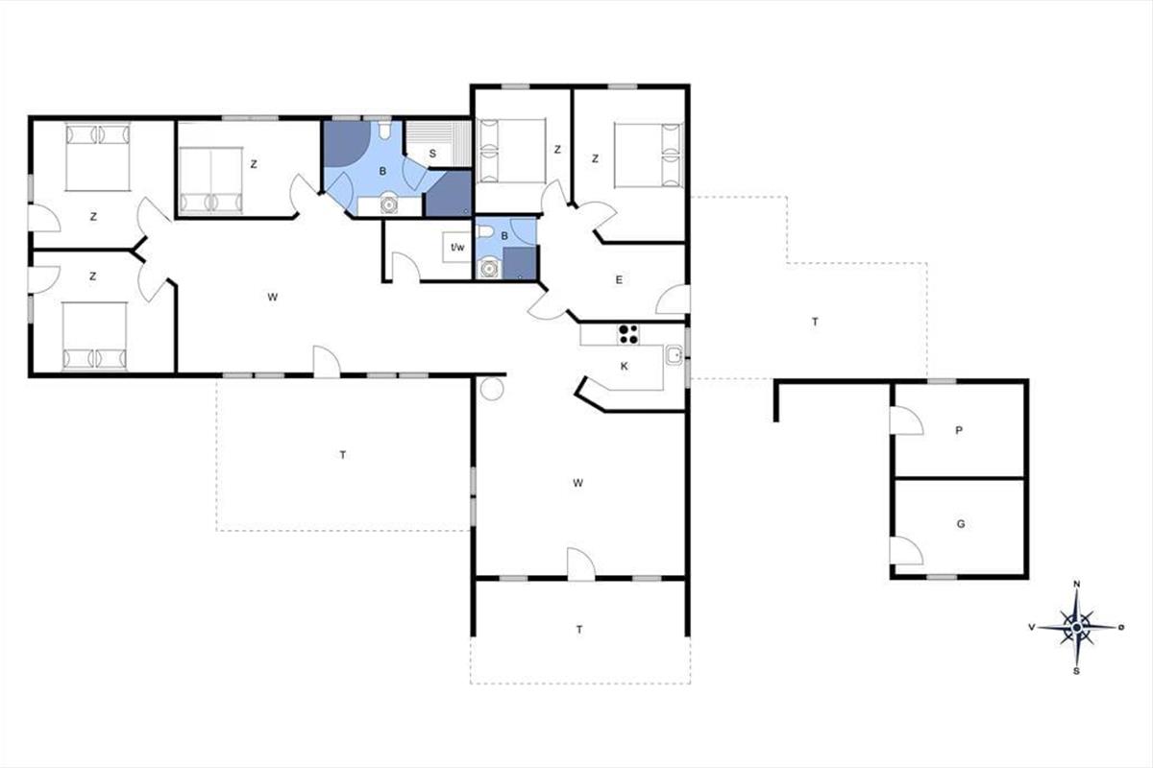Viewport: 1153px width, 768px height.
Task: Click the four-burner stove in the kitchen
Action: click(x=628, y=334)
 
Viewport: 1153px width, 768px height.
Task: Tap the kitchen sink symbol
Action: click(x=674, y=355)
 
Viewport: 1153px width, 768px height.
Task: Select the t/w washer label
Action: click(x=457, y=248)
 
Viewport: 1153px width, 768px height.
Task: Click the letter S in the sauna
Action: click(x=432, y=154)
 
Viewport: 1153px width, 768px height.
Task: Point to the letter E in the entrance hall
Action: click(x=619, y=279)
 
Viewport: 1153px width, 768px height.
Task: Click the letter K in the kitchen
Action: click(x=625, y=367)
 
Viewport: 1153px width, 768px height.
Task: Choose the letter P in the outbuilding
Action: click(x=959, y=430)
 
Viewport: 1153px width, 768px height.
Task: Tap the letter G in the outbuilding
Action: click(x=961, y=524)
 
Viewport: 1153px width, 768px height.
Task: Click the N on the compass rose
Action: click(x=1076, y=584)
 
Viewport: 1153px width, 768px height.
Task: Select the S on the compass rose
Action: click(x=1076, y=671)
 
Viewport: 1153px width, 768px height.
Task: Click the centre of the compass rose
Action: click(x=1077, y=628)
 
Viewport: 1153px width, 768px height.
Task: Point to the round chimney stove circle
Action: click(x=492, y=389)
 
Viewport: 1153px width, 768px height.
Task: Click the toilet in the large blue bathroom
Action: click(x=384, y=130)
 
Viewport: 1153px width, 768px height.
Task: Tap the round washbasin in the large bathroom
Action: click(x=389, y=205)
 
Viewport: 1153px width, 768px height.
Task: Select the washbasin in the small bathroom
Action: click(x=487, y=269)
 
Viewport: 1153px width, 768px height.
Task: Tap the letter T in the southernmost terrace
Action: click(x=579, y=630)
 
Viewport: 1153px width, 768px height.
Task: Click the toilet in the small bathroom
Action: click(x=484, y=233)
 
